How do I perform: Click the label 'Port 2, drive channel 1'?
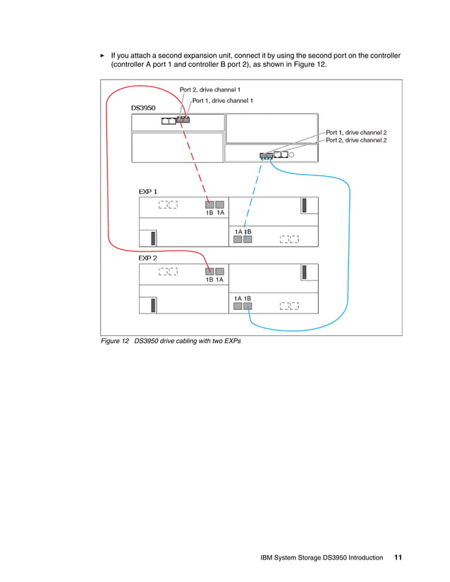click(x=210, y=89)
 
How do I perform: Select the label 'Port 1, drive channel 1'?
click(x=222, y=101)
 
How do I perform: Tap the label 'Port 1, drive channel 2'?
click(x=355, y=132)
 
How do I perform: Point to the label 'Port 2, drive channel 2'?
click(x=355, y=140)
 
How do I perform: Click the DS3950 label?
click(x=143, y=108)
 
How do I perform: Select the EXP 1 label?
click(x=147, y=191)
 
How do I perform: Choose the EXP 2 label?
click(x=147, y=258)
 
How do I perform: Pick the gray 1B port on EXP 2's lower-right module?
click(x=248, y=307)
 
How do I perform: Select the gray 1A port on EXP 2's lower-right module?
click(x=238, y=307)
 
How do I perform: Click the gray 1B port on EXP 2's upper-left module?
click(x=209, y=271)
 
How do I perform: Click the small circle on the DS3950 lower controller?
click(x=291, y=154)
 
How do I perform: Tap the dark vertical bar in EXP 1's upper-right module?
click(x=304, y=205)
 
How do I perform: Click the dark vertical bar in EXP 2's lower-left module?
click(x=153, y=304)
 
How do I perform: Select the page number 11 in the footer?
click(x=398, y=557)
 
